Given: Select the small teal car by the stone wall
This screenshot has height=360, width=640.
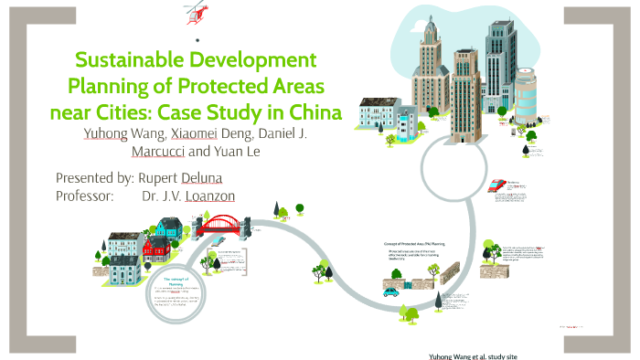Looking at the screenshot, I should [389, 292].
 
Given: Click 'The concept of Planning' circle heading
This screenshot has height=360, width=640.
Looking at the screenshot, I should [174, 281].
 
